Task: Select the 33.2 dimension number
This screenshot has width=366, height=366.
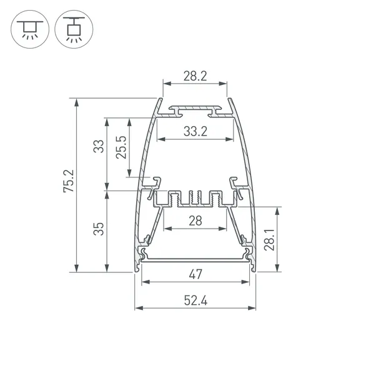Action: pyautogui.click(x=195, y=131)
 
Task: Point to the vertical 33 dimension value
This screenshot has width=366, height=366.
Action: pyautogui.click(x=98, y=147)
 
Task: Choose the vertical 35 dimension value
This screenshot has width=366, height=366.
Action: pyautogui.click(x=98, y=230)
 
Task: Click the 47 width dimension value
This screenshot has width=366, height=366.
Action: pyautogui.click(x=195, y=274)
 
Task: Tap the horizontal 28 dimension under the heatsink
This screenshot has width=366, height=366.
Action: pyautogui.click(x=195, y=220)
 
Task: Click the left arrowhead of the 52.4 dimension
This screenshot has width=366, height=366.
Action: pyautogui.click(x=137, y=309)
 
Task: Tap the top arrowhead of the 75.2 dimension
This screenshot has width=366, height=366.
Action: pyautogui.click(x=77, y=101)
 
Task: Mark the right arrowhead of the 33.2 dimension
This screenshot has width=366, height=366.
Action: pyautogui.click(x=233, y=139)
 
